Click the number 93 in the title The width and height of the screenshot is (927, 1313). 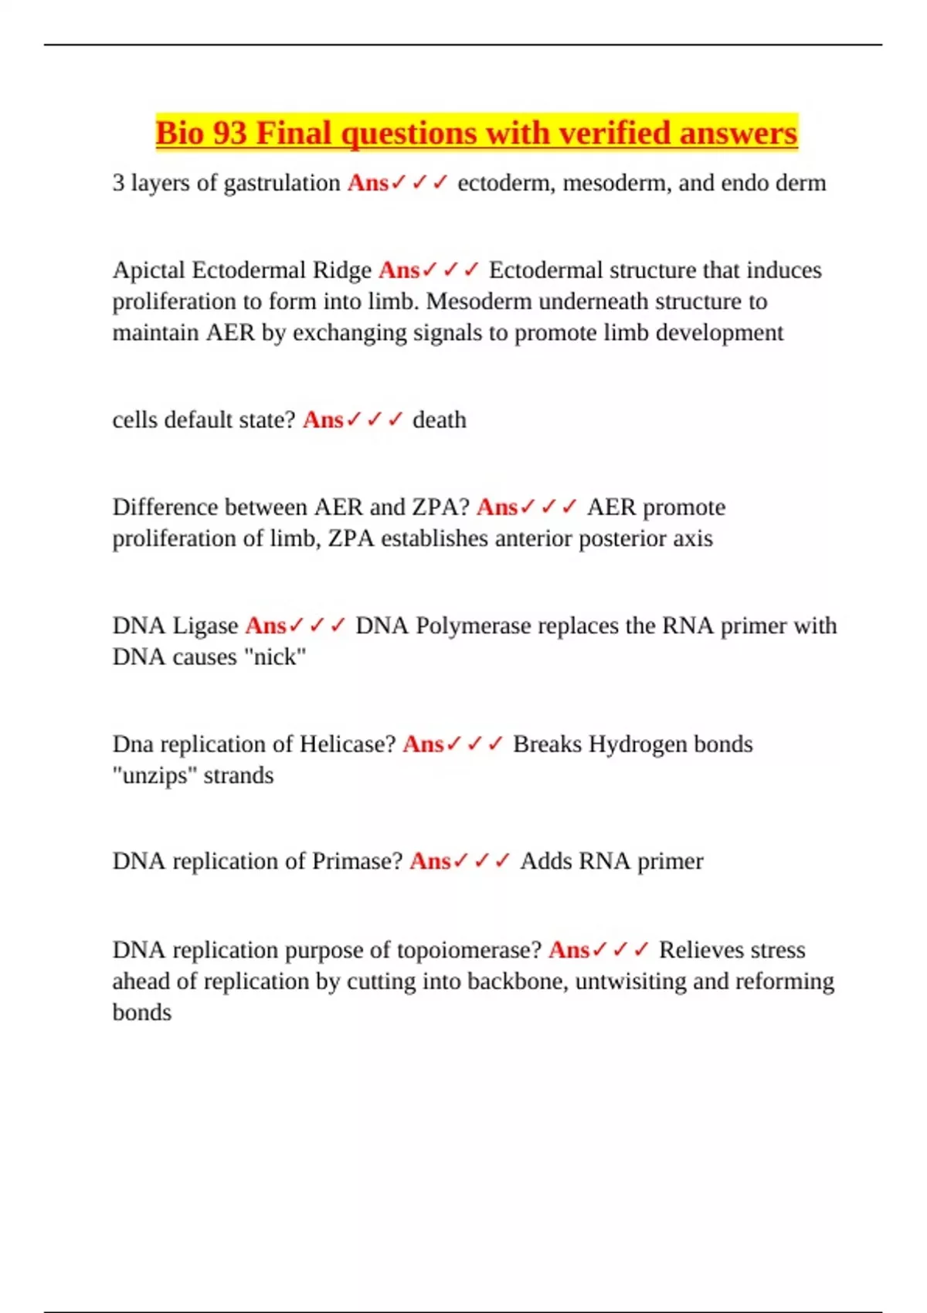coord(229,133)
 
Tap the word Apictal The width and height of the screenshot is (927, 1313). coord(148,270)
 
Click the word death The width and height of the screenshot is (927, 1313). coord(439,420)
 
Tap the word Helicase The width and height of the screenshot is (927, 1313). coord(348,745)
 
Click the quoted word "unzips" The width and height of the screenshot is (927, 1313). coord(154,775)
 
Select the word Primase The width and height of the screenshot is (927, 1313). coord(357,861)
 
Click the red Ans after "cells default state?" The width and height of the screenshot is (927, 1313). coord(322,420)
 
